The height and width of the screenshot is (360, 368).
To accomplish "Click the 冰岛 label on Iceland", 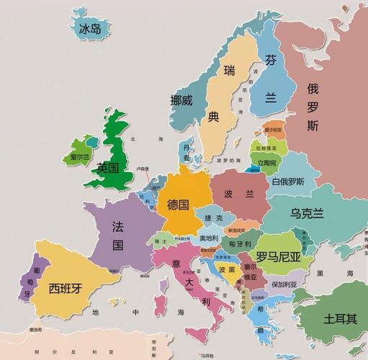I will [91, 28].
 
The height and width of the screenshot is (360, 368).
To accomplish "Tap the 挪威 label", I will [181, 101].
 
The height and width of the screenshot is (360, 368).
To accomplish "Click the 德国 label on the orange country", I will [178, 204].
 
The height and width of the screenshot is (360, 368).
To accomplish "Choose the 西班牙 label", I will [65, 288].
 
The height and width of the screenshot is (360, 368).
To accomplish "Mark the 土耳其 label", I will [340, 318].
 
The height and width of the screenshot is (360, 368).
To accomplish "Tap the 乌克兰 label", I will [307, 213].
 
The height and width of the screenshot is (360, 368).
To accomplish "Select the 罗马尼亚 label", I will [279, 256].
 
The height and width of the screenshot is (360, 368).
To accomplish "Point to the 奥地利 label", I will [209, 238].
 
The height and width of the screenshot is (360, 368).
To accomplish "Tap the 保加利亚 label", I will [284, 284].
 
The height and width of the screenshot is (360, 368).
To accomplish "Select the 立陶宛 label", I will [268, 163].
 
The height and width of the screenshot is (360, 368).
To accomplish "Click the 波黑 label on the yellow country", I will [227, 269].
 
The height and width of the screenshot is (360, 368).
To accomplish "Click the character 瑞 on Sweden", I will [229, 71].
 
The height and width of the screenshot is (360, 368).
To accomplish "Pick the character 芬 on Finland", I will [271, 60].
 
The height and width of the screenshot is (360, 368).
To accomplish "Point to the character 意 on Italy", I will [176, 264].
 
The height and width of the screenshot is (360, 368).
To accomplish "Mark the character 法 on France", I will [117, 225].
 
